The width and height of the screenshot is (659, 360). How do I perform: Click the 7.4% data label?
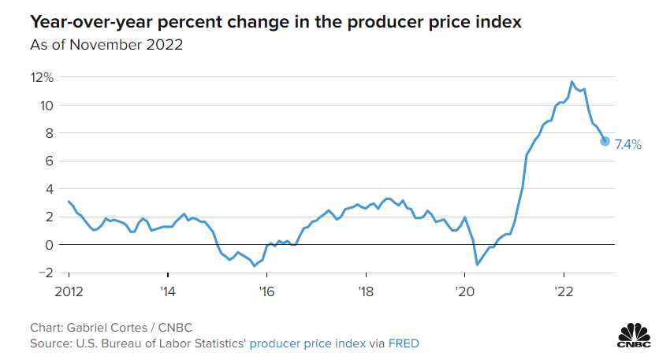point(628,144)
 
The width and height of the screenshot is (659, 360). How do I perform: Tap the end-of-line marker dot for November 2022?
point(605,142)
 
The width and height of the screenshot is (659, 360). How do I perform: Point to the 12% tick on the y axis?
point(42,77)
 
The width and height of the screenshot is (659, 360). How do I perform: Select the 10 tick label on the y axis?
point(47,106)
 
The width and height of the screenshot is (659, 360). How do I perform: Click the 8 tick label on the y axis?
point(49,133)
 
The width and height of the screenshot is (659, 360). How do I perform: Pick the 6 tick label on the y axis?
point(49,161)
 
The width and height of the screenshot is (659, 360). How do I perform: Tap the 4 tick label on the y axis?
point(49,189)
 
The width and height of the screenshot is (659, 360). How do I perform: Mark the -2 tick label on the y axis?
point(47,273)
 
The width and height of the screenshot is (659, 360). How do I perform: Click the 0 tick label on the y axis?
point(49,245)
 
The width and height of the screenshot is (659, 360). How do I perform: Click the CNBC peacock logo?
point(634,335)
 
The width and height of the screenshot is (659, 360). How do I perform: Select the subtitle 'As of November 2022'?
point(106,45)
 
